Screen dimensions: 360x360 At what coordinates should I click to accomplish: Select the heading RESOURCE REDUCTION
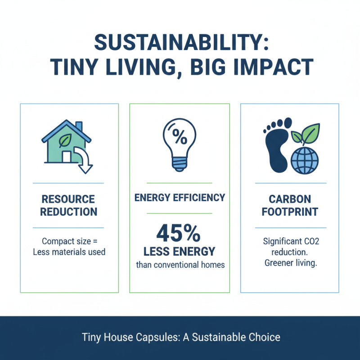pyautogui.click(x=68, y=205)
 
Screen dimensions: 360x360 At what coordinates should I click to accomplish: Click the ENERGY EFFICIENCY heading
pyautogui.click(x=180, y=198)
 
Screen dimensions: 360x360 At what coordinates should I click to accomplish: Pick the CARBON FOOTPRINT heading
pyautogui.click(x=290, y=205)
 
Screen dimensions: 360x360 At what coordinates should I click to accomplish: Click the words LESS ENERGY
pyautogui.click(x=180, y=251)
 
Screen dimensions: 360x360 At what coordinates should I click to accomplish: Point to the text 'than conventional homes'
pyautogui.click(x=180, y=265)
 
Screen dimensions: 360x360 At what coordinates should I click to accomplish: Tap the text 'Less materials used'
pyautogui.click(x=69, y=252)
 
